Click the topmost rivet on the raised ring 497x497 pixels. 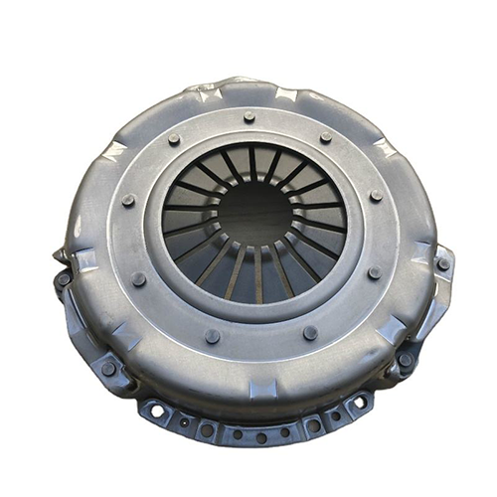248,117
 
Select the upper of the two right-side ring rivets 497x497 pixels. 375,198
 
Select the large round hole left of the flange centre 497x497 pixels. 206,429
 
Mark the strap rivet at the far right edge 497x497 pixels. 442,264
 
